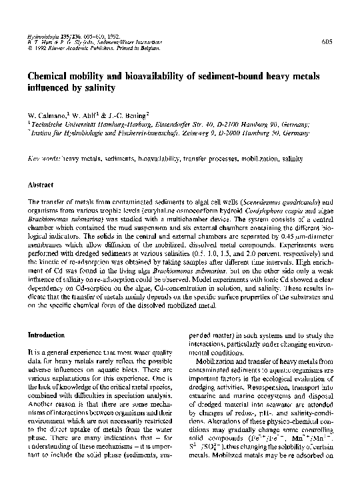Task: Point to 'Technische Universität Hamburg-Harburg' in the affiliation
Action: coord(83,124)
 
